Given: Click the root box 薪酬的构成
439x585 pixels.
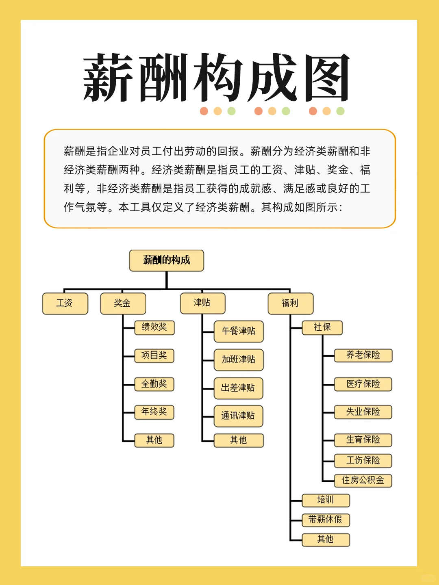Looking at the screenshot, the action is click(167, 260).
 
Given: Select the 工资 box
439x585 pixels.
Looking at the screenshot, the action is click(65, 303).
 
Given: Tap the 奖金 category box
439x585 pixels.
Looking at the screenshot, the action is click(123, 303).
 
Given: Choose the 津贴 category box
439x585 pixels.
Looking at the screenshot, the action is click(202, 303).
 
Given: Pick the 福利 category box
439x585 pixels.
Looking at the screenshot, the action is click(291, 303).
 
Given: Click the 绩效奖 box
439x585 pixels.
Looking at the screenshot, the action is click(154, 327).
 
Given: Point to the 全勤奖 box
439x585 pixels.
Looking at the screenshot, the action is click(154, 384).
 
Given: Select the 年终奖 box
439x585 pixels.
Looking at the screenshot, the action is click(154, 412).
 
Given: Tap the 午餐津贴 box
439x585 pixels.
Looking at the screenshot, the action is click(239, 331).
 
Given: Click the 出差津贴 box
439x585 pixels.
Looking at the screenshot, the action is click(238, 388).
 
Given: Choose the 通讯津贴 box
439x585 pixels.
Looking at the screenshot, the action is click(238, 416).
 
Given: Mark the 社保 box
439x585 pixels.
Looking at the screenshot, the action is click(322, 327).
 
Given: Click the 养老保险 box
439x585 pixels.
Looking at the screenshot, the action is click(363, 355).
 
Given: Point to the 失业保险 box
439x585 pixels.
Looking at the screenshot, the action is click(363, 412).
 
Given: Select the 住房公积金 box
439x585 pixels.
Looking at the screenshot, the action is click(363, 481).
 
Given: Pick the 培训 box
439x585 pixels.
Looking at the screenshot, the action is click(326, 500).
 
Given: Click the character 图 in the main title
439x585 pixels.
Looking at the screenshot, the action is click(327, 78).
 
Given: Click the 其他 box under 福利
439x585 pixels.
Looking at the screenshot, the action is click(326, 539).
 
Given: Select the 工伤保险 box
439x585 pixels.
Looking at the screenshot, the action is click(363, 461).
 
